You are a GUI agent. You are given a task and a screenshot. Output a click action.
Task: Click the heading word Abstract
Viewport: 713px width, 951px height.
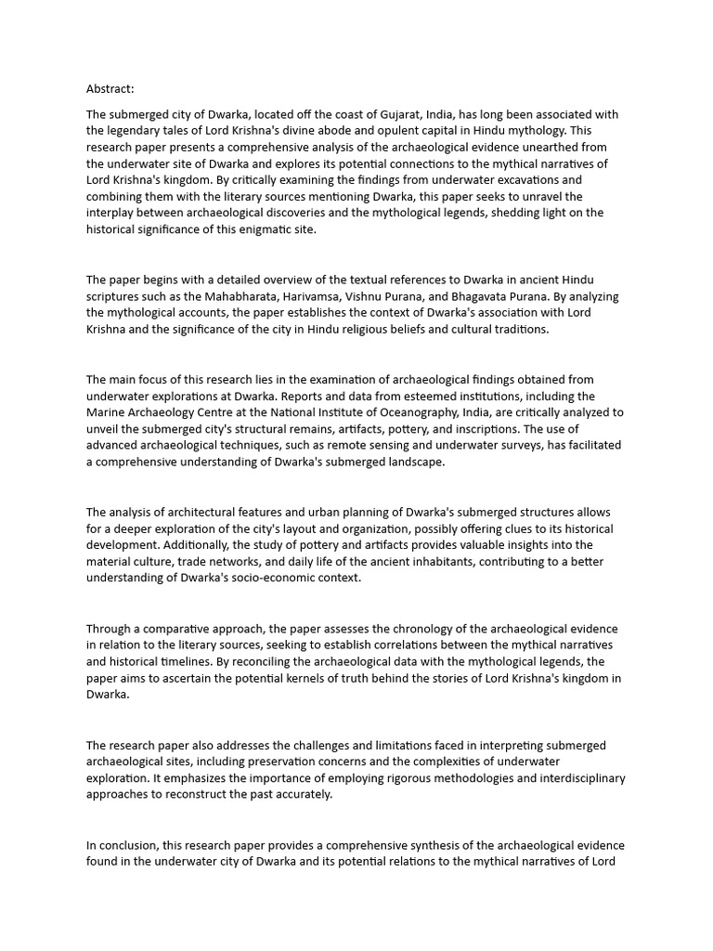(110, 89)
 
